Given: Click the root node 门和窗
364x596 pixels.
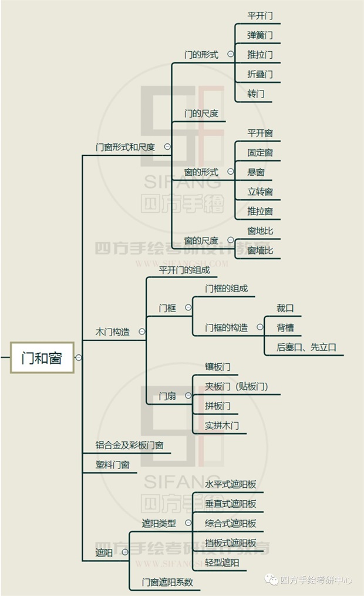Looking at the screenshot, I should (42, 357).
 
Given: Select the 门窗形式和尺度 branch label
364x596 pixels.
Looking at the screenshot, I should (125, 147).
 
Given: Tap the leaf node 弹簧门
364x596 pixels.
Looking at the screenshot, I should (260, 35).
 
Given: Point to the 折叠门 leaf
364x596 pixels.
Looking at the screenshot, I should (260, 74).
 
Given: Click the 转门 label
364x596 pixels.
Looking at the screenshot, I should (256, 93).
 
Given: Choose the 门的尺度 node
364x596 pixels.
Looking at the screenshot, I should (201, 113).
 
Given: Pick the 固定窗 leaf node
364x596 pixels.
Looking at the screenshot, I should (260, 153).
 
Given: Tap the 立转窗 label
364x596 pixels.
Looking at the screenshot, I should (260, 192).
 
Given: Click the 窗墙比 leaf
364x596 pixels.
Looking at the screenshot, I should (260, 251).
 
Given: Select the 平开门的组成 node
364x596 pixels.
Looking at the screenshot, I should (184, 270).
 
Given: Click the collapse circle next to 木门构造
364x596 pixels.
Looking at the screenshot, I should (142, 332).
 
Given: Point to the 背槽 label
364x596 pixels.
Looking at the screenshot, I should (285, 328).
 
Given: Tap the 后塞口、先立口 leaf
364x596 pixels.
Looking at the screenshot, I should (306, 347).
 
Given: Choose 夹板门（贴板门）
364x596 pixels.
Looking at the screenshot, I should (236, 386).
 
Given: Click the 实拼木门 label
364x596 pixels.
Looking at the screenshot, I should (222, 425).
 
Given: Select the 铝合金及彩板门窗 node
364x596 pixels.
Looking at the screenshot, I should (129, 446).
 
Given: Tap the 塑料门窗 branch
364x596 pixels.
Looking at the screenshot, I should (112, 465).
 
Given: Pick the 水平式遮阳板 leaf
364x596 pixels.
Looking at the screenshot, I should (230, 485).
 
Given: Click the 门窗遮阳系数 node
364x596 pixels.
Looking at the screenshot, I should (167, 582).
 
